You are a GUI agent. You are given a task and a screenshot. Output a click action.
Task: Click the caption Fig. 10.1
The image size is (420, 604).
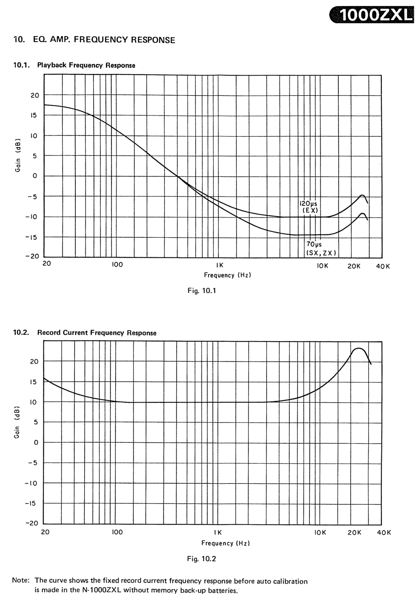[x=202, y=291]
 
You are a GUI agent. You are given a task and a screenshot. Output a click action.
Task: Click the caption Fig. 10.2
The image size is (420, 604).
[x=202, y=559]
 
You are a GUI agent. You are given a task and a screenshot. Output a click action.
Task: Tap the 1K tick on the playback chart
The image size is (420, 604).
[x=220, y=266]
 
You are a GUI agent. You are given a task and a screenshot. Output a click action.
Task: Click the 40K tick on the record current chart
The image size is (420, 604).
[x=384, y=533]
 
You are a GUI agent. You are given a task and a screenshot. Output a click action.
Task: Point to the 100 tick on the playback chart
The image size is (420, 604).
[x=117, y=265]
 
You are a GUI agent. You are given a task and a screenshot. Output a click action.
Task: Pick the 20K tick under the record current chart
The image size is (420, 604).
[x=354, y=533]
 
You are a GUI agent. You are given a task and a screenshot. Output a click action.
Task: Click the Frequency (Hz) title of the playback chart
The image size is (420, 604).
[x=227, y=275]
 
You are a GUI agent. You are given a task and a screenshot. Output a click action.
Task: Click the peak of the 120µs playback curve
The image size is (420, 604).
[x=362, y=195]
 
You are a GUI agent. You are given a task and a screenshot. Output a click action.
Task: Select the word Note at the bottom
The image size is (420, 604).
[x=20, y=581]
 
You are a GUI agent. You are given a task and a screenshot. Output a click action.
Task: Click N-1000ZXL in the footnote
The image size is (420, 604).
[x=102, y=590]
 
